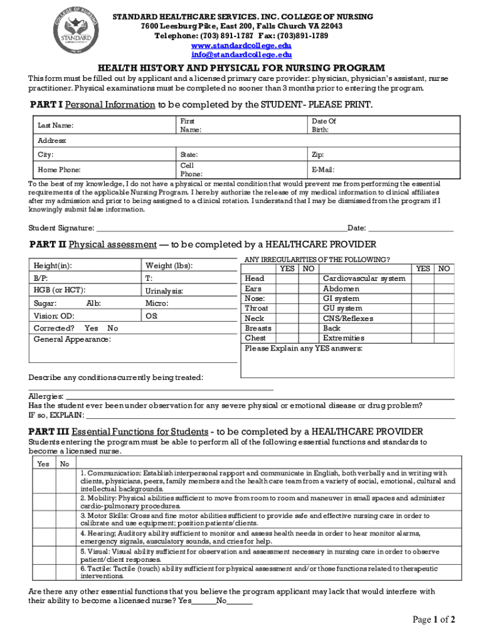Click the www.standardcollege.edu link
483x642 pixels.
(x=241, y=46)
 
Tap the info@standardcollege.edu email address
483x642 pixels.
(x=241, y=55)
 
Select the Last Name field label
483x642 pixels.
(x=55, y=126)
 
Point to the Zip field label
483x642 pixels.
(x=317, y=154)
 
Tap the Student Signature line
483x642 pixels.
(x=220, y=228)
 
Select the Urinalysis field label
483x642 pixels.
(x=164, y=291)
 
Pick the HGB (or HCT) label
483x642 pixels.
(x=59, y=290)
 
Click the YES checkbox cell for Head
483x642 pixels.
(x=287, y=278)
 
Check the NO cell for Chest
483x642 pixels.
(x=307, y=339)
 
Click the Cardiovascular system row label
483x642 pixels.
(x=364, y=278)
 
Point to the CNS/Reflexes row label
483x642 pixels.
(x=348, y=318)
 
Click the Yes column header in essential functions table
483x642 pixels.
(x=43, y=464)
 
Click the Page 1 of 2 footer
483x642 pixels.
(x=433, y=620)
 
